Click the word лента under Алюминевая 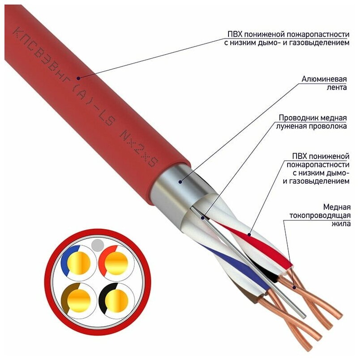pyautogui.click(x=337, y=87)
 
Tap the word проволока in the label pyautogui.click(x=328, y=127)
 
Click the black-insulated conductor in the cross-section pyautogui.click(x=114, y=298)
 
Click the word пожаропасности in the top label pyautogui.click(x=318, y=34)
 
